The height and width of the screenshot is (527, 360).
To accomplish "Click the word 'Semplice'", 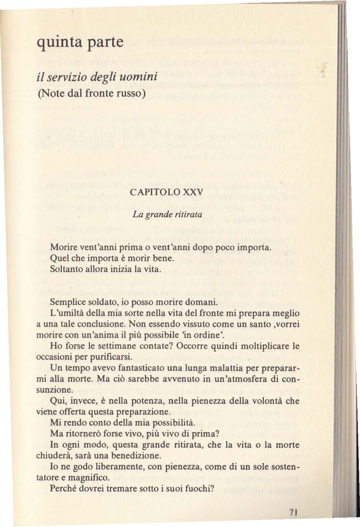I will (x=65, y=302).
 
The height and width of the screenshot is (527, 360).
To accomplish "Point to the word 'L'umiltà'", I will (x=63, y=313).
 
